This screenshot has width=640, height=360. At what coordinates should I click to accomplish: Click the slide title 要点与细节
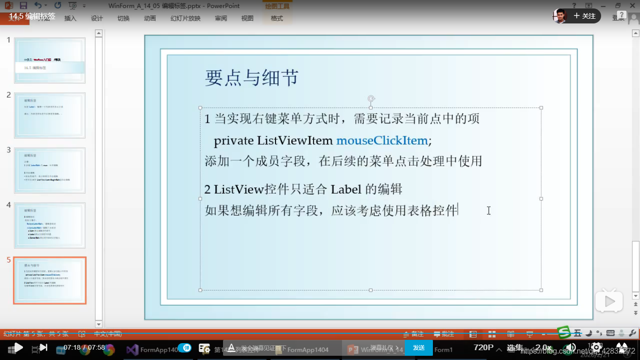252,78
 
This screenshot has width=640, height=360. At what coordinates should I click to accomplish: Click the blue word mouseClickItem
381,141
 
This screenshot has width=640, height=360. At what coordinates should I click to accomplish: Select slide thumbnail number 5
50,280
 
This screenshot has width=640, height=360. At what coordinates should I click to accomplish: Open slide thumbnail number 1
50,60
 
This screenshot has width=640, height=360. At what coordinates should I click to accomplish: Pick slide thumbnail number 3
50,171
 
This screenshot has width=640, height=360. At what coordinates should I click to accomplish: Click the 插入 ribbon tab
70,19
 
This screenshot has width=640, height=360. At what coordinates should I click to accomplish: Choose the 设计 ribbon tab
97,19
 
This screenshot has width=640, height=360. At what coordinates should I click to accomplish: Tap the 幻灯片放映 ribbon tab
186,19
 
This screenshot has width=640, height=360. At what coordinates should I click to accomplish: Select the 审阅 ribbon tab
221,19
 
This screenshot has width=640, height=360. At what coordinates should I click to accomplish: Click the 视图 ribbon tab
247,19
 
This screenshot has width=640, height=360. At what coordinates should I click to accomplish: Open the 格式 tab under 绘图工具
277,19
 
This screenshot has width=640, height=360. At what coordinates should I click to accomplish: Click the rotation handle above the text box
371,98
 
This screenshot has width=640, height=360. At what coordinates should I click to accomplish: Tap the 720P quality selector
484,347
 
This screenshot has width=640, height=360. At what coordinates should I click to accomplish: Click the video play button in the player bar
18,347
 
